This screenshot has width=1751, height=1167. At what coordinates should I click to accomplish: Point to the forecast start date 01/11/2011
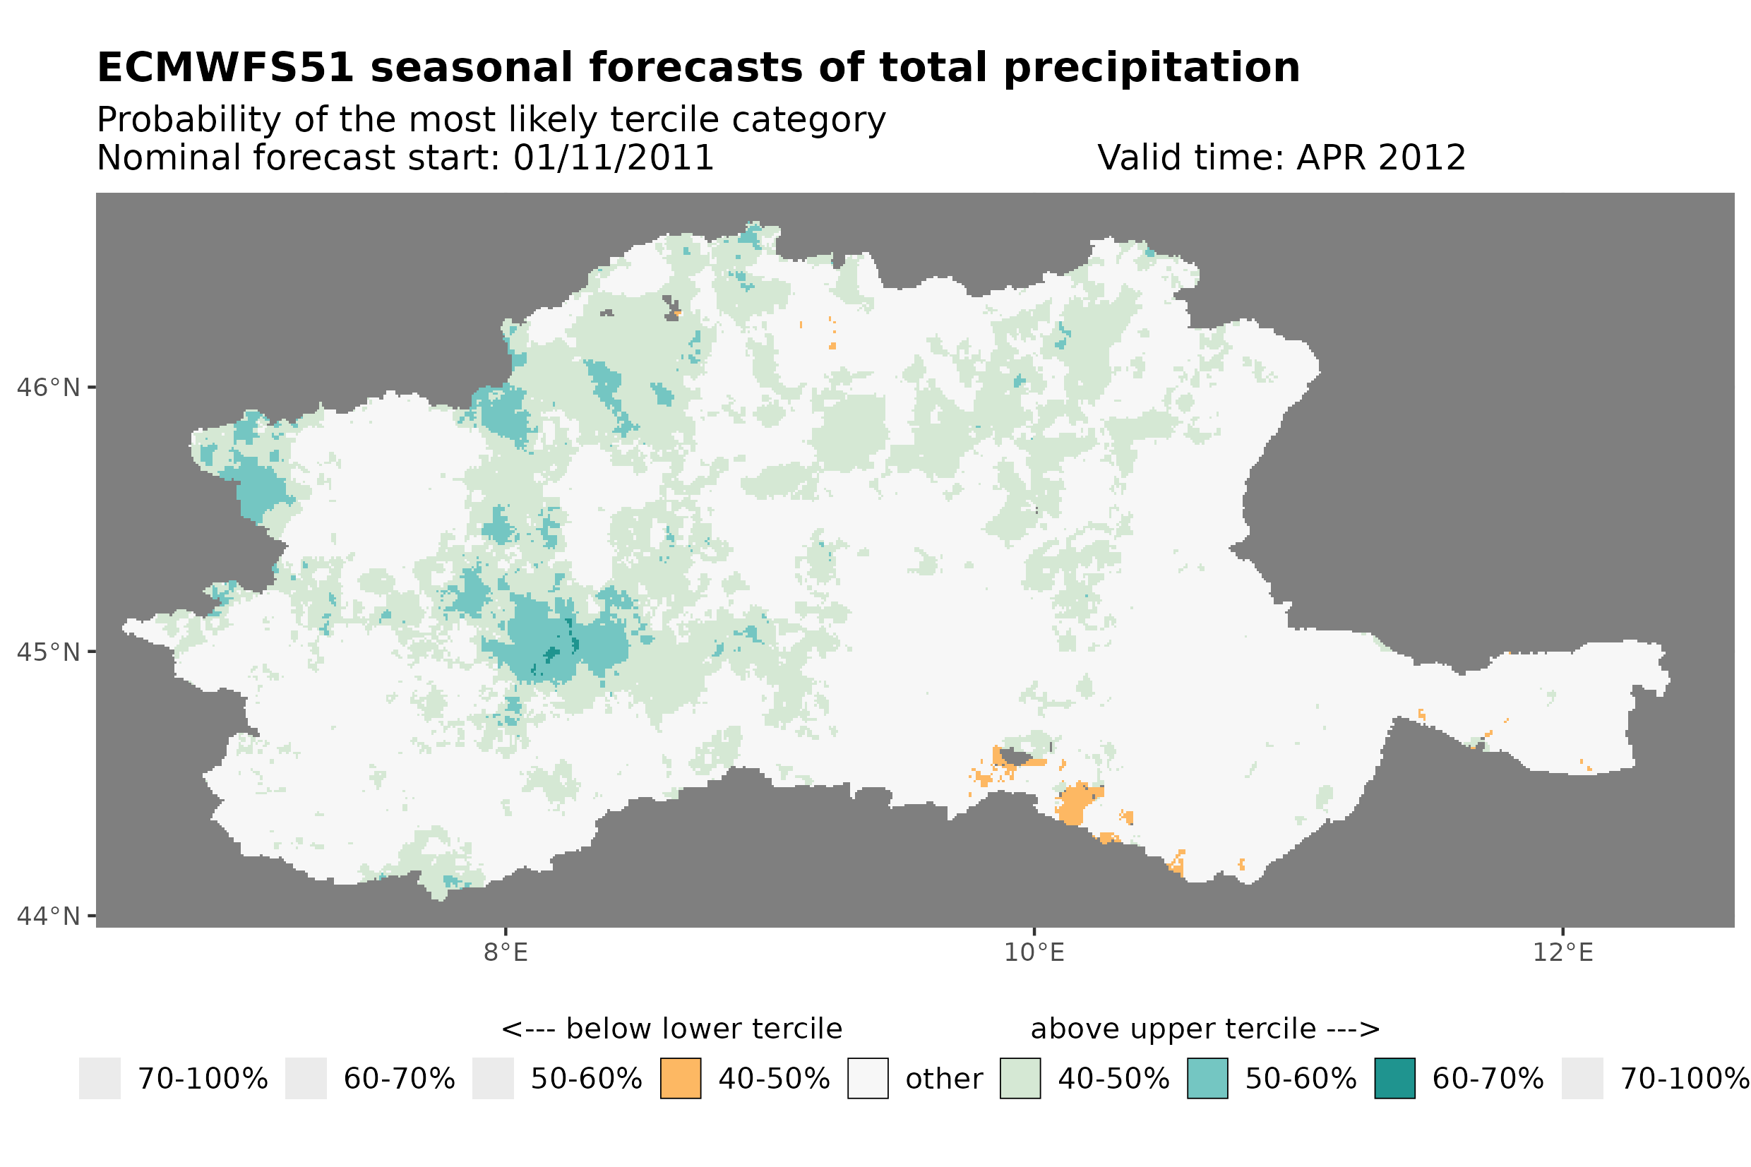coord(613,157)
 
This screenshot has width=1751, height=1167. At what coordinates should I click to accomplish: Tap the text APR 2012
coord(1380,157)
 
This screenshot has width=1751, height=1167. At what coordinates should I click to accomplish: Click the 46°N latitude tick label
coord(49,388)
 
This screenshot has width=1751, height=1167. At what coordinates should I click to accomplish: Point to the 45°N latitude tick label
coord(49,652)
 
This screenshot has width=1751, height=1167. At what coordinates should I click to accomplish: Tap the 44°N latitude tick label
coord(49,916)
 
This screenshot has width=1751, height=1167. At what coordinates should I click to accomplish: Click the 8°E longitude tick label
coord(506,952)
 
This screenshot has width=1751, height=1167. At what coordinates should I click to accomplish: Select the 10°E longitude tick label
coord(1034,952)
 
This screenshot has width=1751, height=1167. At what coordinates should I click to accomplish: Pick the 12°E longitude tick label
coord(1562,952)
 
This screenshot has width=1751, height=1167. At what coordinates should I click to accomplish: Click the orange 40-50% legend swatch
coord(680,1079)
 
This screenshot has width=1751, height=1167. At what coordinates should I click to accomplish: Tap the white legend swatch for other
coord(867,1079)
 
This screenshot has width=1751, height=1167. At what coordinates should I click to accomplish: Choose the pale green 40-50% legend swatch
coord(1020,1079)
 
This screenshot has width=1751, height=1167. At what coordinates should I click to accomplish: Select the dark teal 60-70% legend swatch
coord(1394,1079)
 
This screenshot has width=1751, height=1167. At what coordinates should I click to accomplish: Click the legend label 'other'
coord(943,1079)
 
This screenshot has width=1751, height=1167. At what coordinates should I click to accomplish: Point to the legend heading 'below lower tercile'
coord(703,1029)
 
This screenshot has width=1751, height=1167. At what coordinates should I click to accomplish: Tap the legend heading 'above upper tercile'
coord(1172,1029)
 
